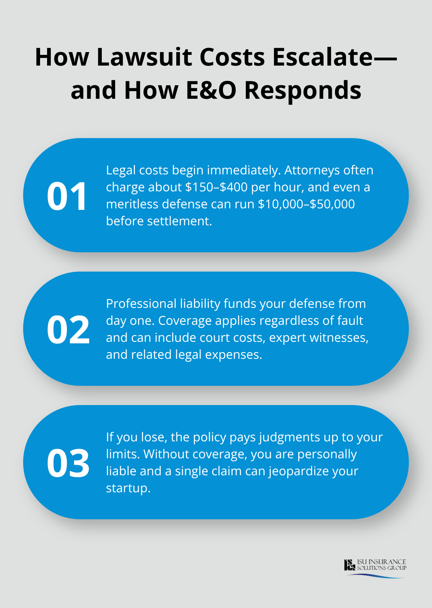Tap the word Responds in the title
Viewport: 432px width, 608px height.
[x=303, y=90]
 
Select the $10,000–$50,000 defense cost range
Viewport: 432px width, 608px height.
[x=306, y=204]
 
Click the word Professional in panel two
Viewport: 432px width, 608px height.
[x=141, y=304]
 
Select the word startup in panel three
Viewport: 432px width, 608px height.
[x=127, y=488]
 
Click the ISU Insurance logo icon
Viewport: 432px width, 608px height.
[x=349, y=565]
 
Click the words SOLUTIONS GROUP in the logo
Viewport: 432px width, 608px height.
[x=381, y=568]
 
